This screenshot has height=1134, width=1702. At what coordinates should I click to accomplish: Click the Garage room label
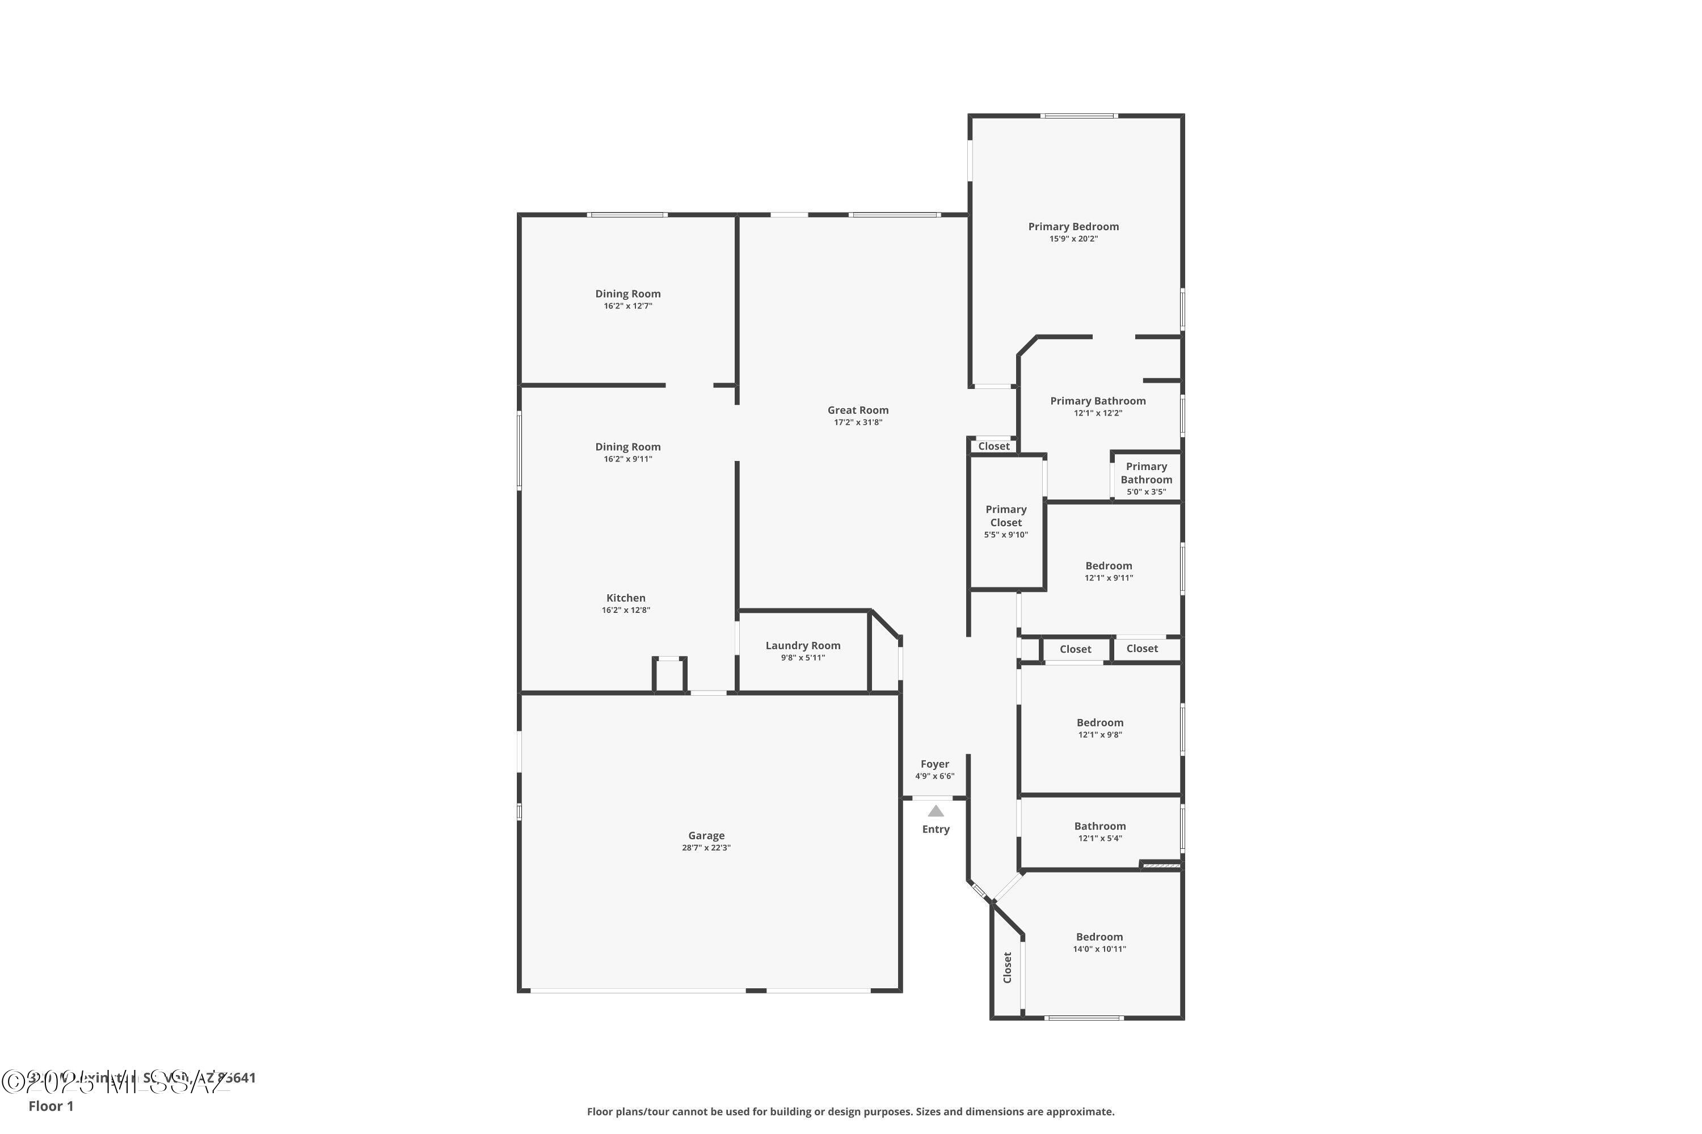[x=706, y=835]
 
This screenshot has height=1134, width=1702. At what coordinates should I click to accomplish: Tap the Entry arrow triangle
[x=936, y=811]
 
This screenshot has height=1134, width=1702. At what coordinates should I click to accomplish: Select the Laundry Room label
[x=803, y=645]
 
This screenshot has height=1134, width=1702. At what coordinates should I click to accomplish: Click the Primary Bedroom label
[x=1073, y=226]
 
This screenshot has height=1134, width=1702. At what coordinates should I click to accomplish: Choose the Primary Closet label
[x=1005, y=515]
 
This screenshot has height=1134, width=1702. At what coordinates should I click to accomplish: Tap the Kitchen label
[x=625, y=598]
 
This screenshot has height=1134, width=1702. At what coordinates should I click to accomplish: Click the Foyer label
[x=934, y=764]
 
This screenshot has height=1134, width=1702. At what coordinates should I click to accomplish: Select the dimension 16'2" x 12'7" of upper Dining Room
[x=627, y=306]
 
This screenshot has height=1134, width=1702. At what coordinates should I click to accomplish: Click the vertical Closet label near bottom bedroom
[x=1006, y=967]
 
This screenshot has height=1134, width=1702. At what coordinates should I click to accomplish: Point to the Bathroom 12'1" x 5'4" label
[x=1099, y=826]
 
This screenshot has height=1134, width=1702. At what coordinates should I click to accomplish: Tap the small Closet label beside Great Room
[x=993, y=446]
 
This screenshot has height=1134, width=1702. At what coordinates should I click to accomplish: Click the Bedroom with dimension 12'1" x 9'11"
[x=1108, y=565]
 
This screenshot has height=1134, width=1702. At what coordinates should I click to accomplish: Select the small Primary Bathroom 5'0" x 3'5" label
[x=1145, y=473]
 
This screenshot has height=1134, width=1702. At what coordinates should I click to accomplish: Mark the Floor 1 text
[x=50, y=1106]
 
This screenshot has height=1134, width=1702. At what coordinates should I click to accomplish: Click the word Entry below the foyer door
[x=936, y=829]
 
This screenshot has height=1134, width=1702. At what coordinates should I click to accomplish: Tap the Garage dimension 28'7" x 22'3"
[x=706, y=848]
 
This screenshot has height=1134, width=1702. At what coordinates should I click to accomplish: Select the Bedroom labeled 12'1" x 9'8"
[x=1099, y=722]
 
